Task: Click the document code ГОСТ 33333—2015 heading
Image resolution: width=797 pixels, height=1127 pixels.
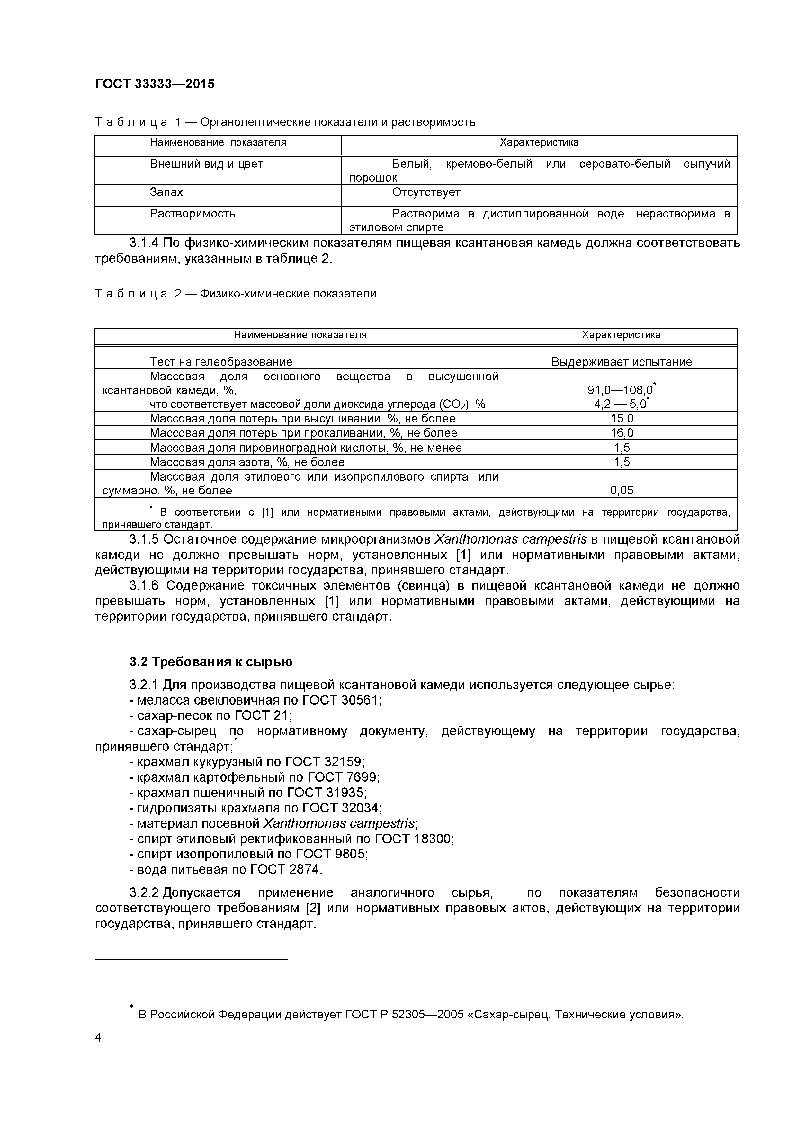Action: [x=155, y=84]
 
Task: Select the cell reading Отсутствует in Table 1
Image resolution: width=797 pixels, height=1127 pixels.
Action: [x=426, y=192]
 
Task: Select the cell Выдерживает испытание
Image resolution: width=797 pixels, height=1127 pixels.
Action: [x=621, y=362]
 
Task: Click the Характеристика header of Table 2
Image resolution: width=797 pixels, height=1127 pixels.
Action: [x=621, y=335]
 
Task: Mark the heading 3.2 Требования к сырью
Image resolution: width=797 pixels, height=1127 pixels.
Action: [x=211, y=662]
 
